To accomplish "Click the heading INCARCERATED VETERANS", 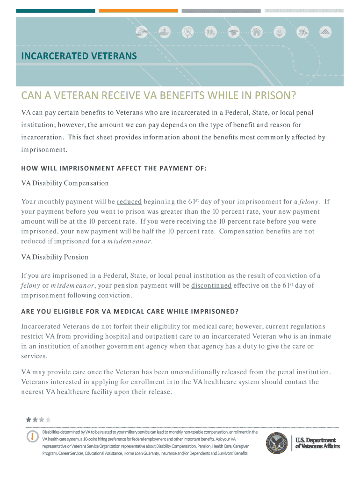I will pyautogui.click(x=79, y=56).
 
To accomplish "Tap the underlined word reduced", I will pyautogui.click(x=130, y=202).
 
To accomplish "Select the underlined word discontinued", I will pyautogui.click(x=211, y=286).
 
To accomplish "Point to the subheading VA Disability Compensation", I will pyautogui.click(x=65, y=183).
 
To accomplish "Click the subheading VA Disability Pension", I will pyautogui.click(x=55, y=257).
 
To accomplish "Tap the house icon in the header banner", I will pyautogui.click(x=256, y=32).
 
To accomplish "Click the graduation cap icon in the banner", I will pyautogui.click(x=233, y=32).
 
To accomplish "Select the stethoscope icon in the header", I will pyautogui.click(x=188, y=32).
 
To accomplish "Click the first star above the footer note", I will pyautogui.click(x=29, y=420).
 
